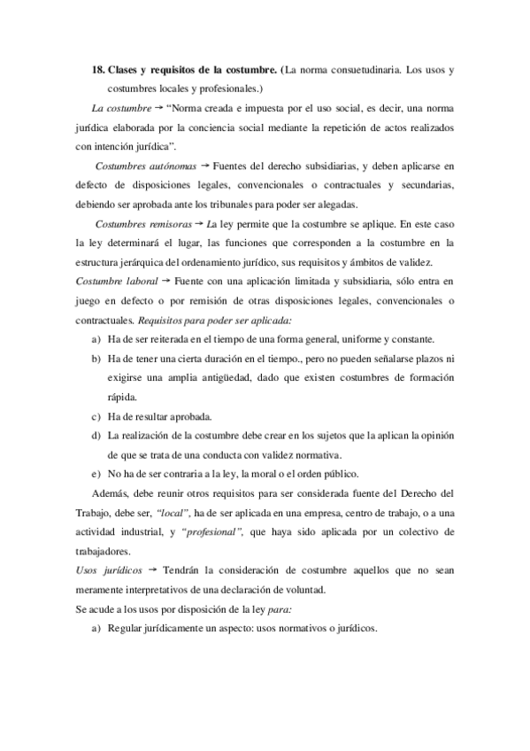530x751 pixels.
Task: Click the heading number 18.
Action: pyautogui.click(x=99, y=69)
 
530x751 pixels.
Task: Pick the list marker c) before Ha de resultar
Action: pyautogui.click(x=96, y=415)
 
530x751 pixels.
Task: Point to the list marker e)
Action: pyautogui.click(x=96, y=473)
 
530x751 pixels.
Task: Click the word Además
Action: pyautogui.click(x=111, y=492)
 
